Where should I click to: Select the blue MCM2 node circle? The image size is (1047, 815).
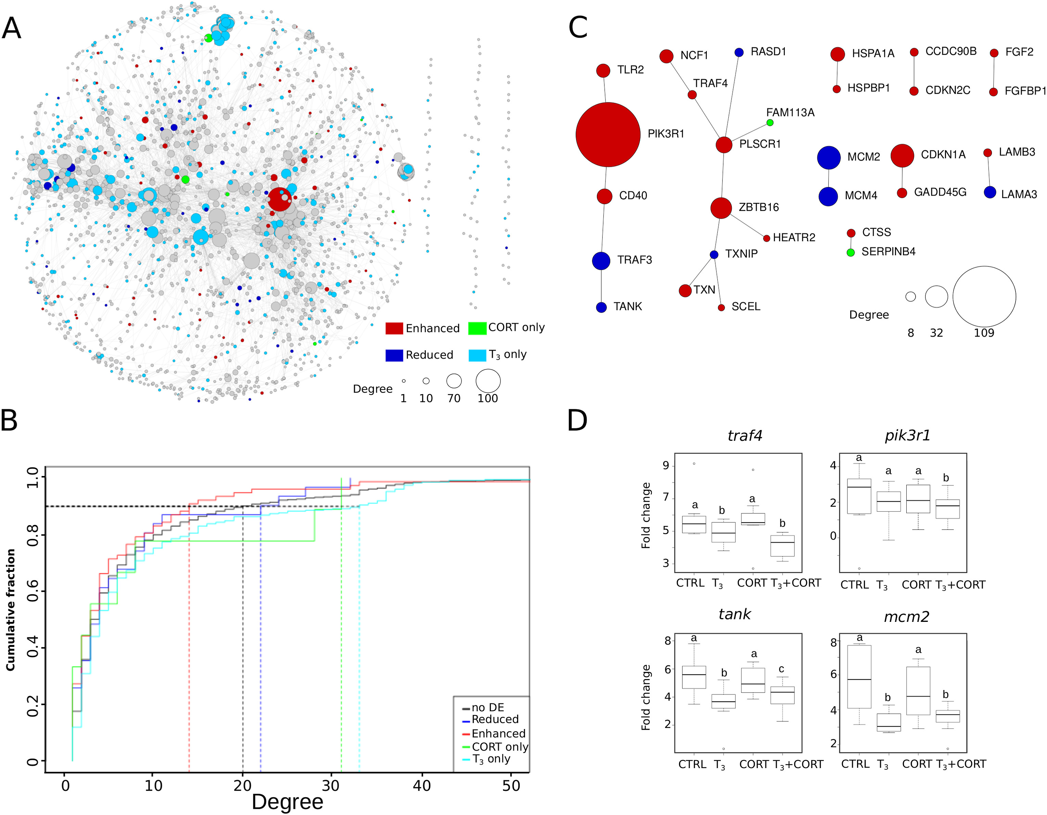coord(828,157)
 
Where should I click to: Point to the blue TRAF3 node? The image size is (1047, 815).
coord(601,261)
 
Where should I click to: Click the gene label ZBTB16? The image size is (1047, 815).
coord(758,207)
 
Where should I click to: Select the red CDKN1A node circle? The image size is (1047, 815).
coord(902,155)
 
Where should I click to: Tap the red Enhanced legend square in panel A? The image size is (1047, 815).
coord(394,328)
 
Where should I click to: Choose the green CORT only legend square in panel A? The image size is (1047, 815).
coord(477,328)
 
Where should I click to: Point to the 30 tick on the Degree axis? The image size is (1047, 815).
coord(331,785)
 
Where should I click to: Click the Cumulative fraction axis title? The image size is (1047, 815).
coord(11,609)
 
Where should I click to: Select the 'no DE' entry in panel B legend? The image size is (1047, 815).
coord(487,707)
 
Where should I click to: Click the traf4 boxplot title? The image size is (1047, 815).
coord(744,435)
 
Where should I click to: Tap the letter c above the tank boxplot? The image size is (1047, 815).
coord(781,669)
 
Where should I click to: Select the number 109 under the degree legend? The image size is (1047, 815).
coord(984,333)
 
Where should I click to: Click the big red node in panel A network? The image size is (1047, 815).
coord(280,199)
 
